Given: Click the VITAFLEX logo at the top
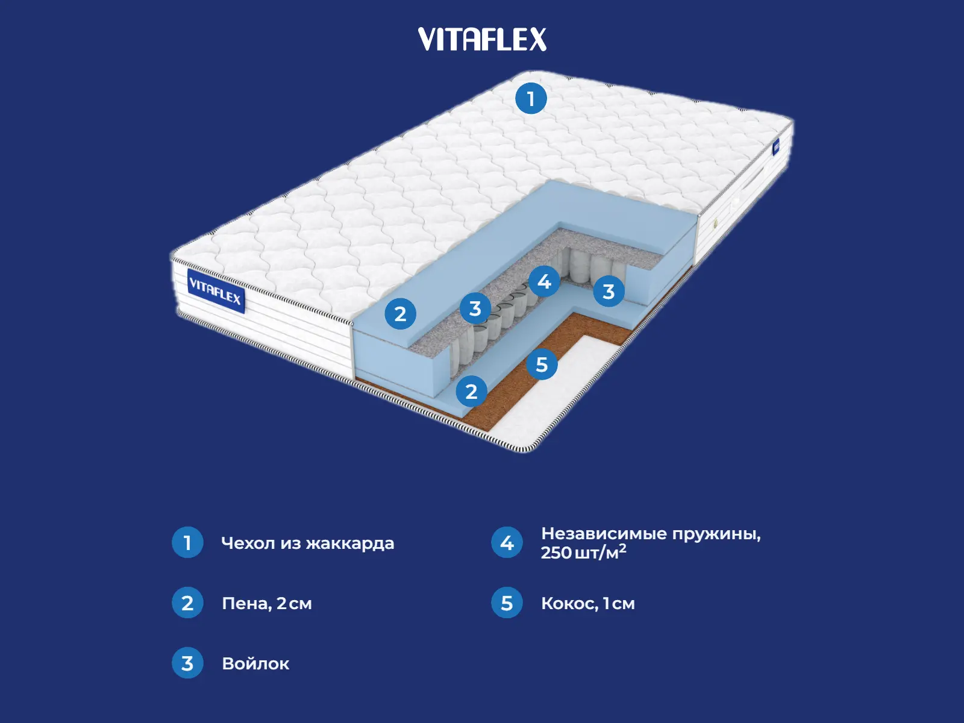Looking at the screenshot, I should point(482,40).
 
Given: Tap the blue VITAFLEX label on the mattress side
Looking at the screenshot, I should point(215,291).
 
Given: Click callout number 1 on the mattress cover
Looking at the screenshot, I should point(531,99).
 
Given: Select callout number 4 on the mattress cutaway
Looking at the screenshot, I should point(544,281).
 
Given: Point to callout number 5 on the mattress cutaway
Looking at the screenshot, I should point(542,365).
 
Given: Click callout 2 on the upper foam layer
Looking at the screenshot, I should point(401,314).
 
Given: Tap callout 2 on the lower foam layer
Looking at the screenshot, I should point(472,392).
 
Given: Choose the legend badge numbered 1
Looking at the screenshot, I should point(187,543).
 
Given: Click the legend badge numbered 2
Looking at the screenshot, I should point(187,603).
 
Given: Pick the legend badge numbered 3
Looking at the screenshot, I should point(187,663).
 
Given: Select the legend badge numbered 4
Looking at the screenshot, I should point(507,543).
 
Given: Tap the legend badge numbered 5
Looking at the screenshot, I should point(507,603).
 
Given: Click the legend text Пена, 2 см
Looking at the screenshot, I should point(267,604).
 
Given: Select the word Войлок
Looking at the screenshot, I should point(255,664).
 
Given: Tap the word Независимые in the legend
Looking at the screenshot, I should point(604,534).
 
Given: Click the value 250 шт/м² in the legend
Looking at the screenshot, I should point(583,552).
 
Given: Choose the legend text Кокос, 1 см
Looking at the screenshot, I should point(587,604).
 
